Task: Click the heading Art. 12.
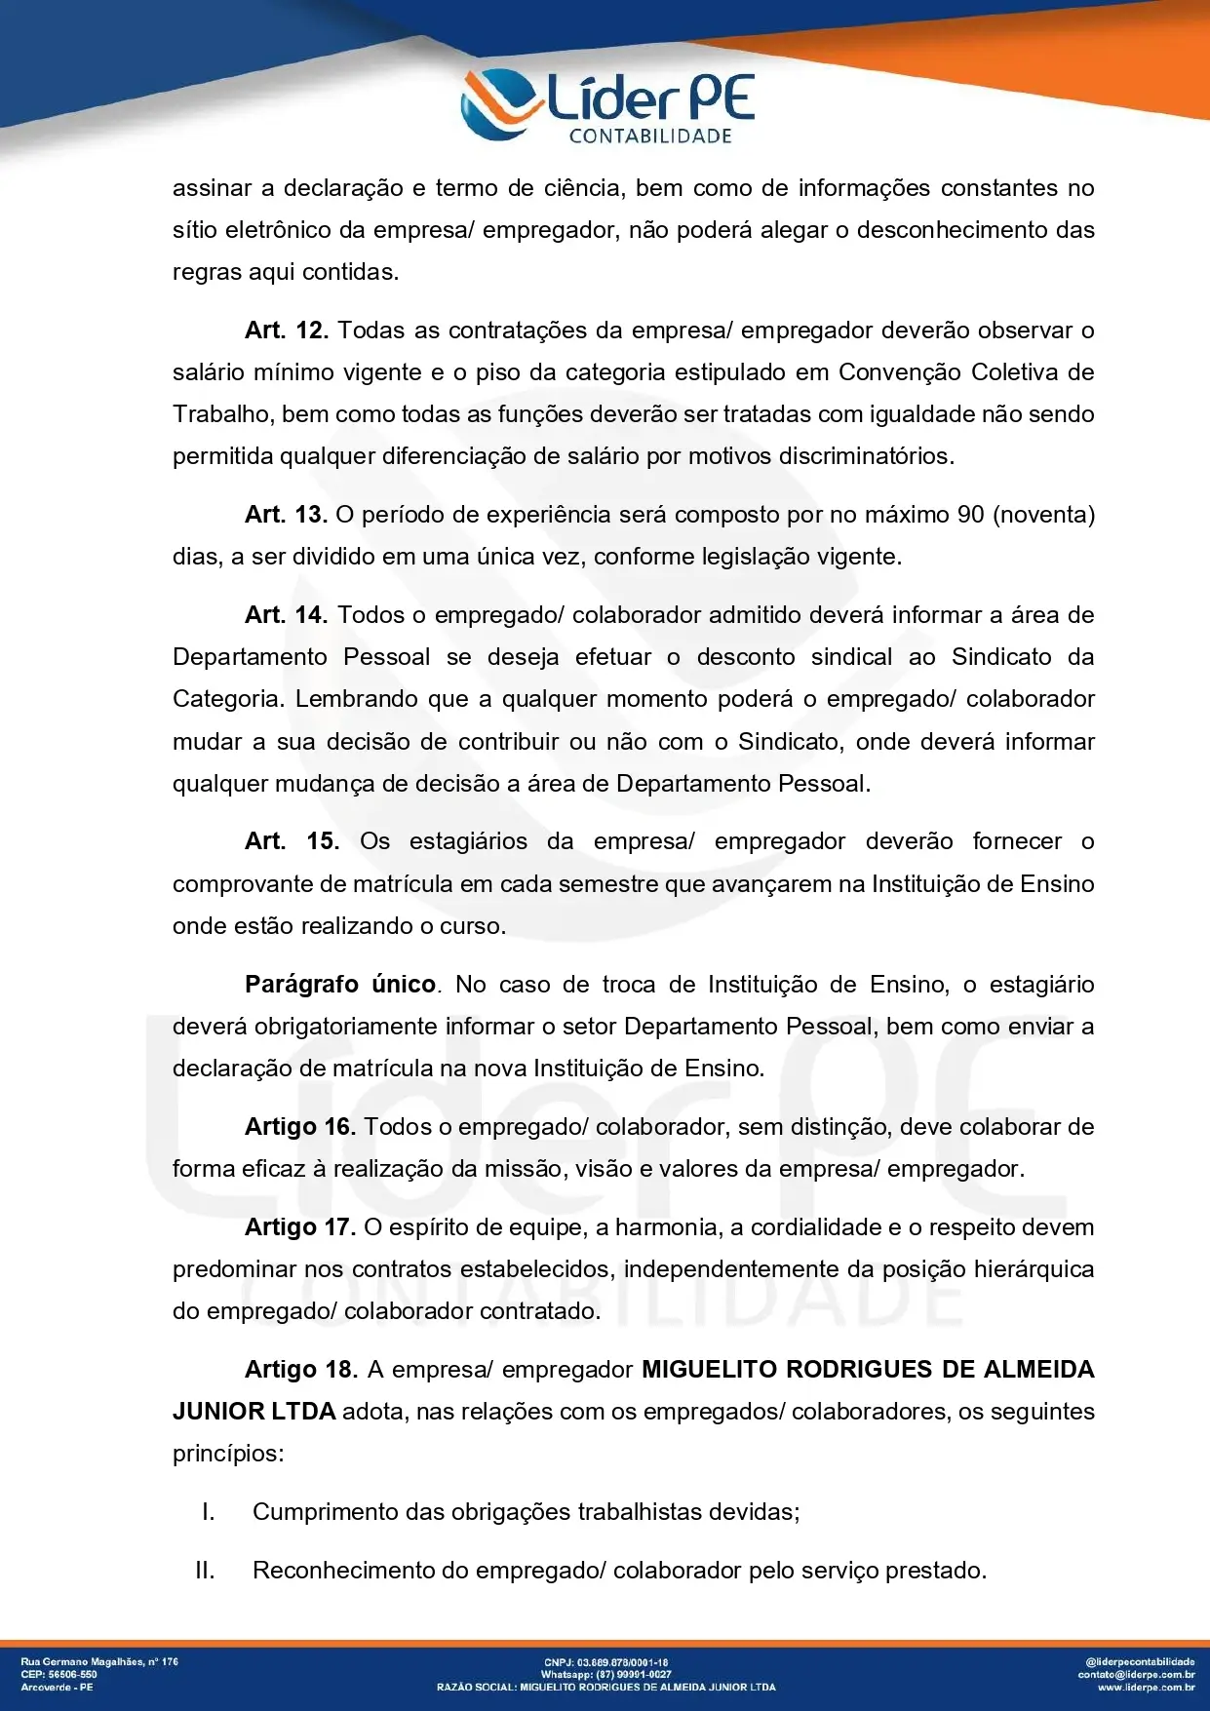click(x=286, y=331)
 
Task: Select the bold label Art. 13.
click(x=286, y=515)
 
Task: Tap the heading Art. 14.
click(x=286, y=615)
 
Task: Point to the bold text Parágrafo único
click(x=340, y=985)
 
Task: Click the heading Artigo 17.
click(x=300, y=1227)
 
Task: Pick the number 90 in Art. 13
click(x=970, y=515)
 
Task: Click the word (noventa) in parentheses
click(x=1043, y=515)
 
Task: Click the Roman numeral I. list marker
click(x=208, y=1512)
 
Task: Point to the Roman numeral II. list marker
click(x=205, y=1571)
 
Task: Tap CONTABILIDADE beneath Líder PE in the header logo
click(x=650, y=136)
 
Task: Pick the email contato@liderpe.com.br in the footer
click(x=1136, y=1674)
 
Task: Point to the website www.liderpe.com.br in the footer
click(x=1146, y=1687)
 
